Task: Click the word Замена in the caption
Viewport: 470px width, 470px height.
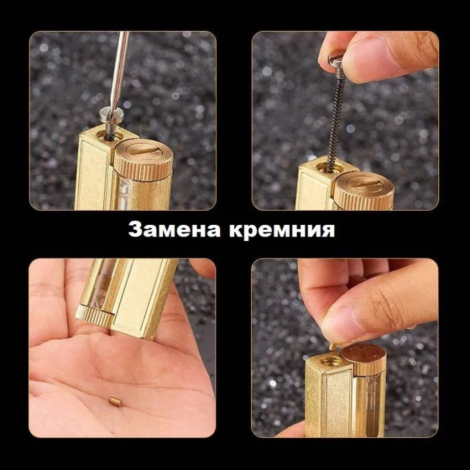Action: (x=175, y=230)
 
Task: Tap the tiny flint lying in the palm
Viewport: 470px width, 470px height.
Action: (x=115, y=401)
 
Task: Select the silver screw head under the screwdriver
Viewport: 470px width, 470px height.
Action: (x=109, y=115)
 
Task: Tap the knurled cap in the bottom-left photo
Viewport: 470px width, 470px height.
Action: (x=95, y=316)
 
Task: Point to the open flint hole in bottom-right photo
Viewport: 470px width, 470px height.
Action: (x=328, y=362)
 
